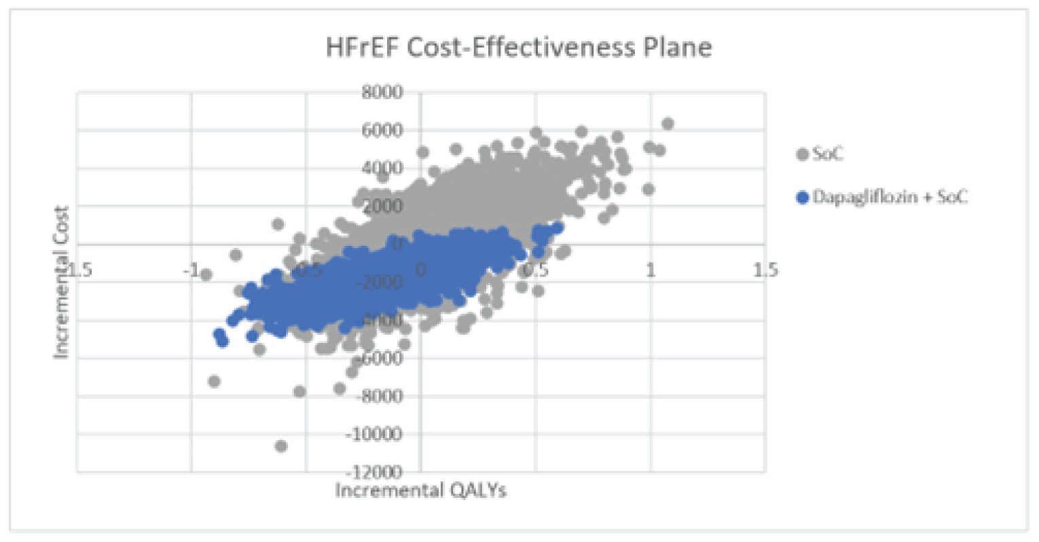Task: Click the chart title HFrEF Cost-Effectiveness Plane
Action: (519, 48)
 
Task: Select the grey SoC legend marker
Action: (802, 155)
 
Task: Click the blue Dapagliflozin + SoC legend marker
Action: (802, 198)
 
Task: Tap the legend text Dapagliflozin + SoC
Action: (890, 198)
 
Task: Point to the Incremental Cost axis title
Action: (62, 282)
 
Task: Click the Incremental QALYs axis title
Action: (421, 490)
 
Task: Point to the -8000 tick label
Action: (379, 395)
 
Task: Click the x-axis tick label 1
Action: (651, 270)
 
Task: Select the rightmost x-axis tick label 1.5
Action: (765, 270)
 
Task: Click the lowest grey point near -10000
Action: (280, 446)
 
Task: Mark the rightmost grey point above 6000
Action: (668, 124)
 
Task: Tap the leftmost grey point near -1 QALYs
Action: (206, 274)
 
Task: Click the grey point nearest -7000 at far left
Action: (214, 381)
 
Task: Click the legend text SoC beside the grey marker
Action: (828, 155)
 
